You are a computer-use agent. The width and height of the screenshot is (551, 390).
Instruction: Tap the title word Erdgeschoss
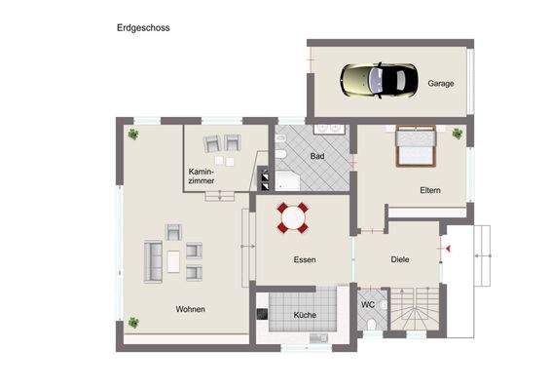pos(143,28)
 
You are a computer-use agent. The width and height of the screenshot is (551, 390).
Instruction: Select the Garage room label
pos(441,84)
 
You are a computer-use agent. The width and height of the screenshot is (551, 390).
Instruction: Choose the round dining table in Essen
pos(293,217)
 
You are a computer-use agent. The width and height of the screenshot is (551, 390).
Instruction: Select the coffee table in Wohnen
pos(174,260)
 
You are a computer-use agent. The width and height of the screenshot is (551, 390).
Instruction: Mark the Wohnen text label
pos(190,309)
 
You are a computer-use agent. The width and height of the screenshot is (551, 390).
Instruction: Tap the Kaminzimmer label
pos(202,176)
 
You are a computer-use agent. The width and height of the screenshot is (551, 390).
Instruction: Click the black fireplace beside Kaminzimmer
pos(263,177)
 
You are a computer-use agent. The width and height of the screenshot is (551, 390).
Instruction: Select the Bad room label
pos(317,156)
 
